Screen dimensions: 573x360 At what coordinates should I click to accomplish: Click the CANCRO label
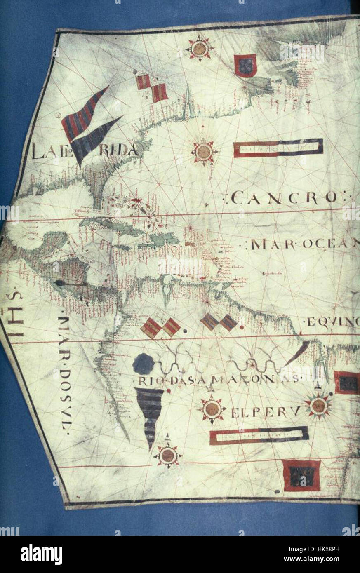point(280,198)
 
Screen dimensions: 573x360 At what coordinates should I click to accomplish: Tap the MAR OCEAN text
point(303,244)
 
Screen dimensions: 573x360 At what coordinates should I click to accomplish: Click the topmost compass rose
point(200,49)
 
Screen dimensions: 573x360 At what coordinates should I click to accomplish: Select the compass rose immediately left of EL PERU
point(212,409)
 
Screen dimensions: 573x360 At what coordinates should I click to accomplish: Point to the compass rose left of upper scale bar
point(204,152)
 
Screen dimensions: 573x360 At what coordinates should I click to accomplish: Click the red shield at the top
point(245,66)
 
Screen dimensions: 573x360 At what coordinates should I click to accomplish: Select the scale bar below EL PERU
point(259,435)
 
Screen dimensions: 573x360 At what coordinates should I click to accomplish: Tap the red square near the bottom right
point(301,475)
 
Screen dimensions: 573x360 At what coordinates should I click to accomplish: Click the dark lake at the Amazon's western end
point(144,364)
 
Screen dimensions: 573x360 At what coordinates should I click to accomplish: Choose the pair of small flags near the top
point(152,87)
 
